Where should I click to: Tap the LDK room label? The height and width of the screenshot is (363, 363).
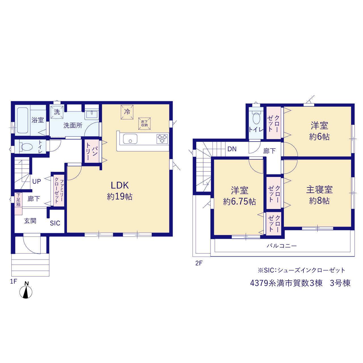(120, 185)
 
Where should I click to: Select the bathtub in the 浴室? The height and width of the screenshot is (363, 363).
(23, 120)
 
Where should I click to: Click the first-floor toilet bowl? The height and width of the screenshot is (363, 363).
(27, 147)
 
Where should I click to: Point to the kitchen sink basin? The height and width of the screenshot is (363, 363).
(130, 139)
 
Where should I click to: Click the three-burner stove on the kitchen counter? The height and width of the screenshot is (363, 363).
(162, 139)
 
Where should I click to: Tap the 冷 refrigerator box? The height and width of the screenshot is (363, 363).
(127, 112)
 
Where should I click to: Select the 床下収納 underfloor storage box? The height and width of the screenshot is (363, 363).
(144, 124)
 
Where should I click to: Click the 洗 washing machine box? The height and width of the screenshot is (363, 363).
(57, 112)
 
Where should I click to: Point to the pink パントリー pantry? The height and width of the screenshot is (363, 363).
(92, 151)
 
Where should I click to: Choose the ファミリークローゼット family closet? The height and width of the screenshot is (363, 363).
(59, 191)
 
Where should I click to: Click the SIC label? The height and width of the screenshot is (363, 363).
(55, 223)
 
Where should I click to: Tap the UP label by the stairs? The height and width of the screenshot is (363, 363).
(37, 181)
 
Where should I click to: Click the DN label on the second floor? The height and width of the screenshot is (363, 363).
(232, 149)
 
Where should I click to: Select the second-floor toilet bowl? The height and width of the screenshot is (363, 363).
(256, 119)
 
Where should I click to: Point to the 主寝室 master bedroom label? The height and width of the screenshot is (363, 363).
(320, 189)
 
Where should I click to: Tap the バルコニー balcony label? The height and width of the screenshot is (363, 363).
(282, 246)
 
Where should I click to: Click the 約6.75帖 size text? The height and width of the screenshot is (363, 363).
(239, 202)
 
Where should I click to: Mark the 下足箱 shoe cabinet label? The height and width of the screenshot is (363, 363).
(18, 200)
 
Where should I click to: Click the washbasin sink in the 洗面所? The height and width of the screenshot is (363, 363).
(92, 114)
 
